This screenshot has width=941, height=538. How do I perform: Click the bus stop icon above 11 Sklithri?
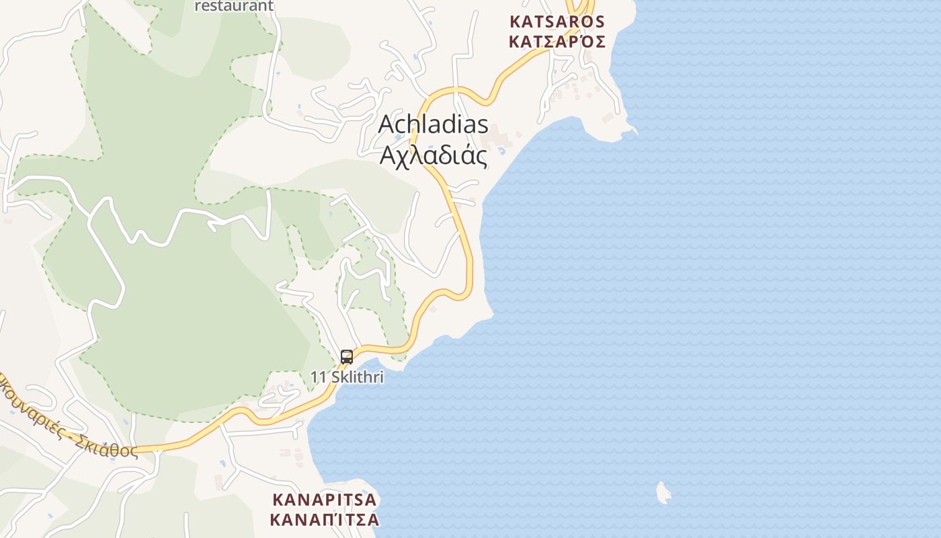pyautogui.click(x=347, y=357)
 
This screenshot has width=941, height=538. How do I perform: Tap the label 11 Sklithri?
pyautogui.click(x=347, y=377)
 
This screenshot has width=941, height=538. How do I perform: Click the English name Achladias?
pyautogui.click(x=434, y=125)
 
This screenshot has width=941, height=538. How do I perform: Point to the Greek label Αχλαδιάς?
pyautogui.click(x=434, y=155)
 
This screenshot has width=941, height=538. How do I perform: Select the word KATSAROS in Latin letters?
pyautogui.click(x=557, y=22)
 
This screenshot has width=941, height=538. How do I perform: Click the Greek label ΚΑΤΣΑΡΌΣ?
pyautogui.click(x=557, y=42)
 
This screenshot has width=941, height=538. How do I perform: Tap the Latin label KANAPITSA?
pyautogui.click(x=325, y=500)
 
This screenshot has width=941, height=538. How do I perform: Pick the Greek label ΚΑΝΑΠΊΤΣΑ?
pyautogui.click(x=325, y=520)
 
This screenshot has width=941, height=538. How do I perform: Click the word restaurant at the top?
pyautogui.click(x=234, y=6)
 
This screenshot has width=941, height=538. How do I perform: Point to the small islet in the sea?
pyautogui.click(x=663, y=493)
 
